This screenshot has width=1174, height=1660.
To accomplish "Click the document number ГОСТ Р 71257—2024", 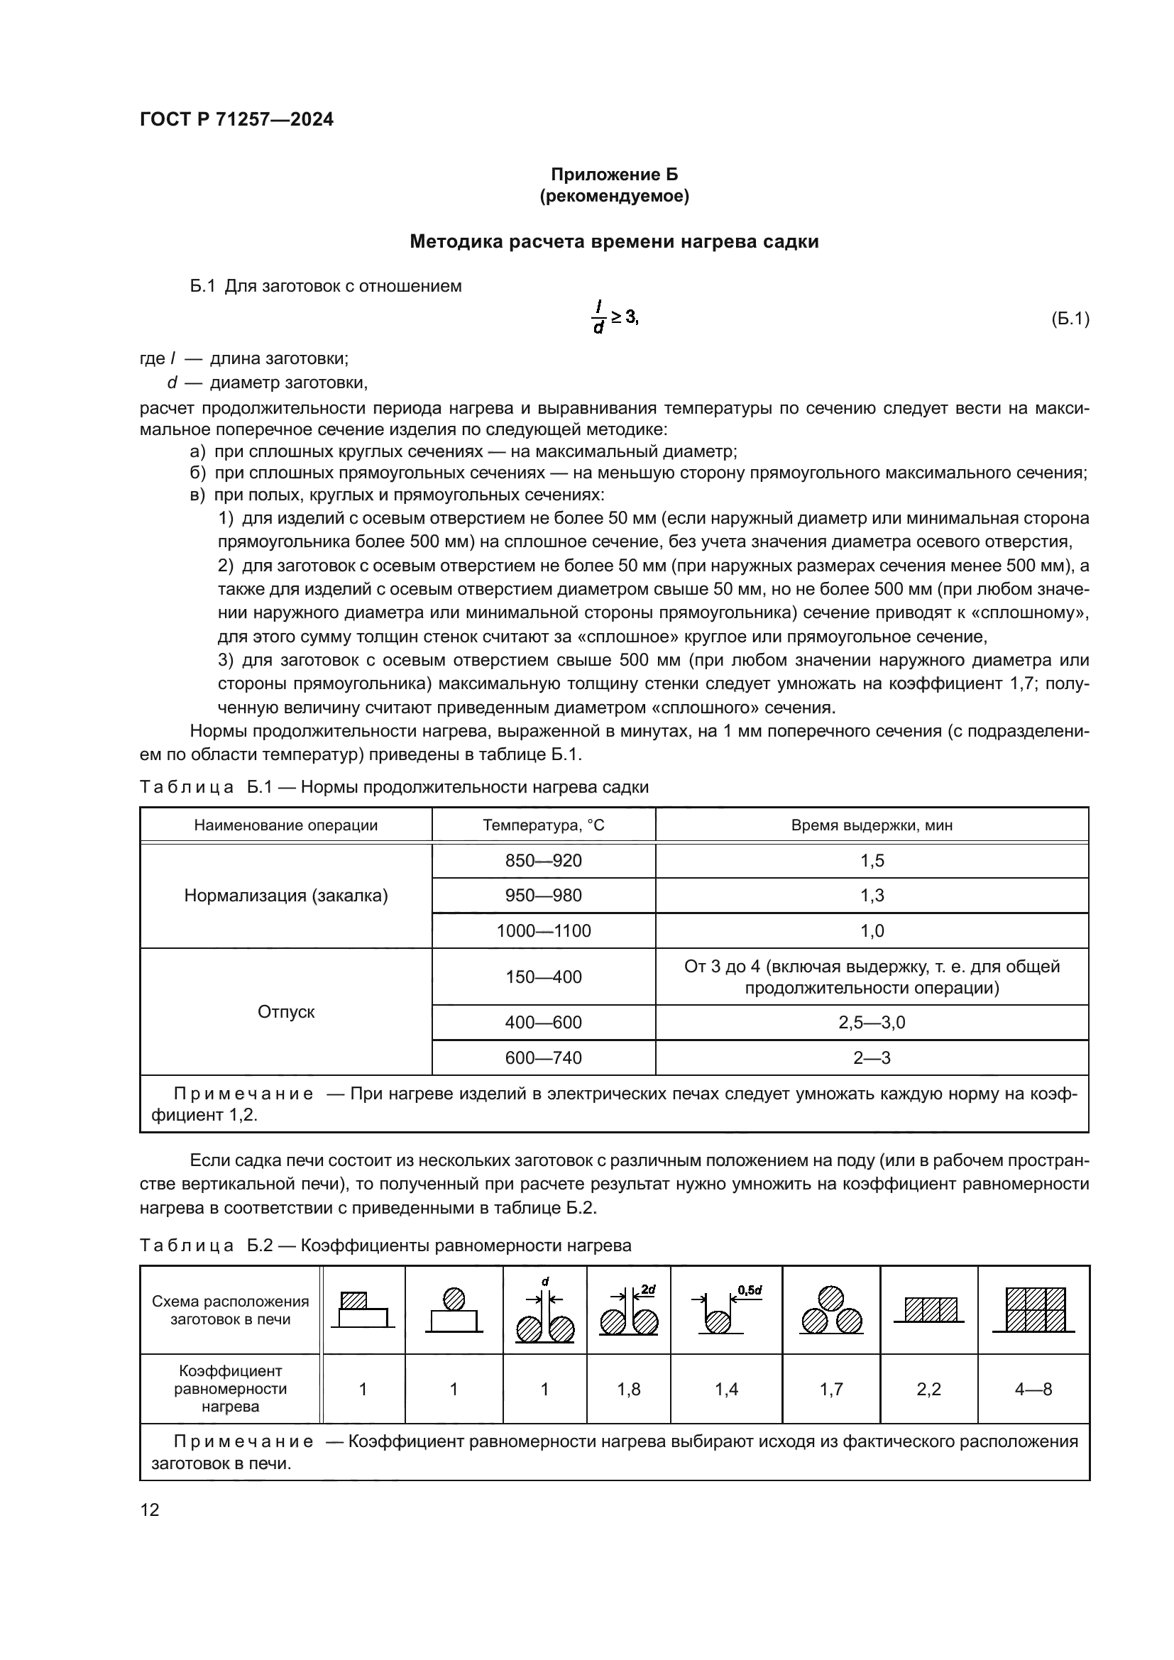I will tap(236, 119).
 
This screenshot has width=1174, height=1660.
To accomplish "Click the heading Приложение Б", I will tap(614, 175).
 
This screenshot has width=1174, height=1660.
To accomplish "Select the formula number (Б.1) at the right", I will tap(1069, 319).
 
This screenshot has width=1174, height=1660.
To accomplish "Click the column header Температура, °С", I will tap(543, 825).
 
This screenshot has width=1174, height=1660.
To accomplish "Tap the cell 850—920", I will tap(543, 860).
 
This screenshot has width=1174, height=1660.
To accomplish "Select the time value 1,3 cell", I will tap(871, 895).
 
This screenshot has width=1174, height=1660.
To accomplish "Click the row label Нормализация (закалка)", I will tap(285, 896).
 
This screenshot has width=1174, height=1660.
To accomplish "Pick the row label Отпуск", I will tap(285, 1011).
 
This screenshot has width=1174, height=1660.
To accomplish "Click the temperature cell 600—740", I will tap(543, 1057).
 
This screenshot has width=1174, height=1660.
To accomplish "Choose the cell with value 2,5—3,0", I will tap(871, 1022).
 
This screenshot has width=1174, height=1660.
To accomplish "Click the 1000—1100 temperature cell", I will tap(543, 930).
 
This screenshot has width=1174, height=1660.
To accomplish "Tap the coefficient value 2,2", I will tap(928, 1389).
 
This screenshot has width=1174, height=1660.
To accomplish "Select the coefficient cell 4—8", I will tap(1033, 1389).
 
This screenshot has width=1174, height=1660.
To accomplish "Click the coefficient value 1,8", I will tap(628, 1389).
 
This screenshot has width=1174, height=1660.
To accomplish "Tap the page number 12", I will tap(150, 1510).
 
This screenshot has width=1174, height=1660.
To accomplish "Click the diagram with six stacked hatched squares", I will tap(1034, 1309).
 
